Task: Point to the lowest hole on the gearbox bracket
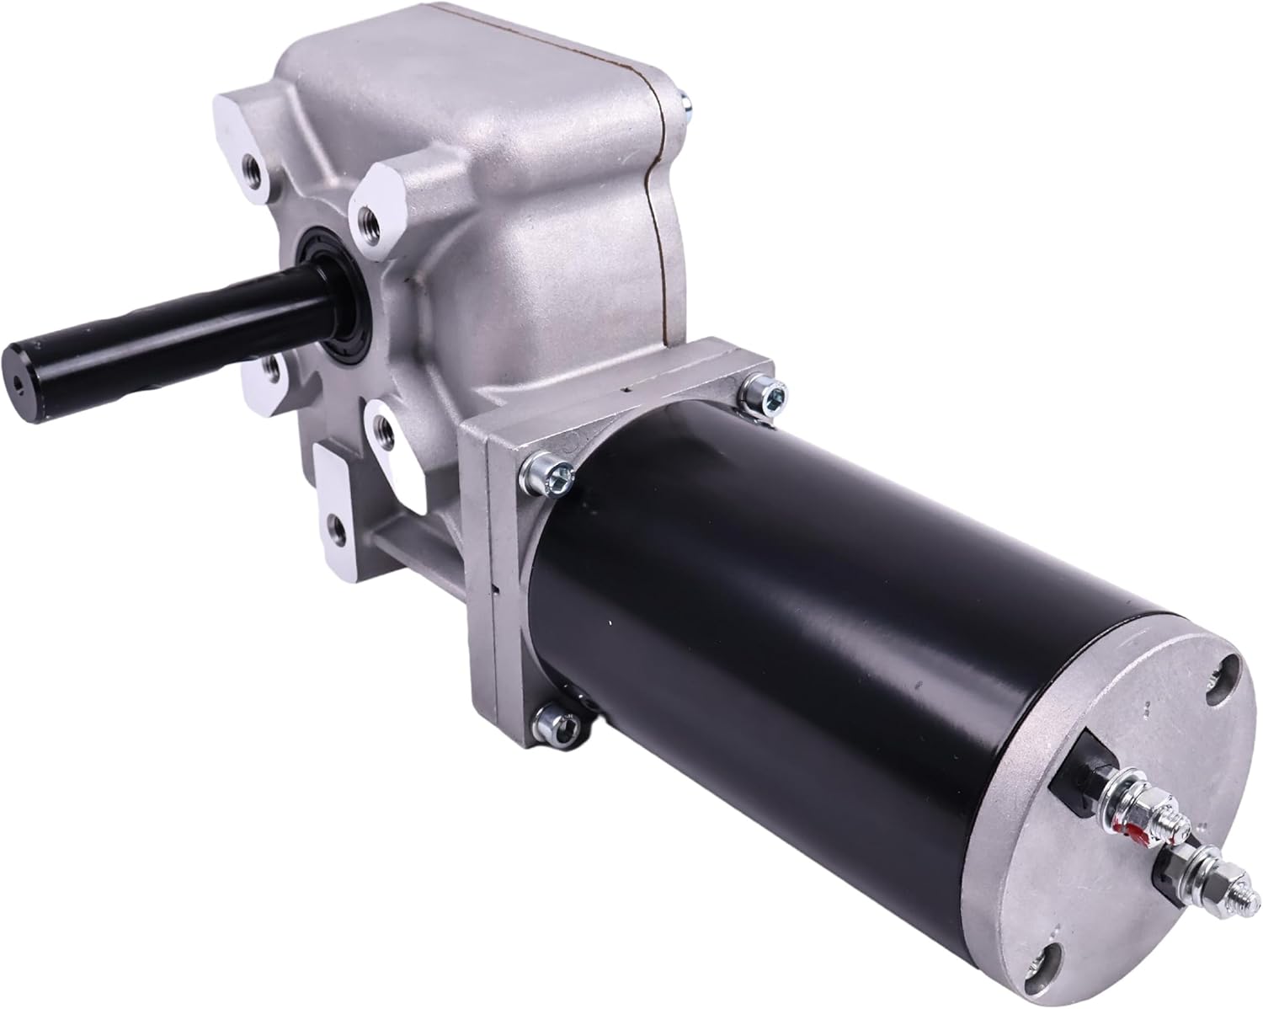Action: tap(337, 529)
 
